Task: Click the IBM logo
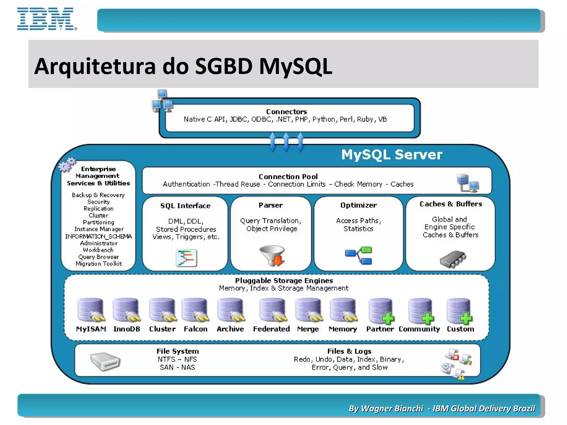tap(47, 19)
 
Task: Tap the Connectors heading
tap(287, 112)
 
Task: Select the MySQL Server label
tap(391, 154)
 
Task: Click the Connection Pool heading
tap(288, 177)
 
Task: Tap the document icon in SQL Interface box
tap(186, 258)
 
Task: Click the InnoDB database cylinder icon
tap(126, 310)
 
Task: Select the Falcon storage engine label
tap(195, 329)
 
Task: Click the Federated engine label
tap(271, 329)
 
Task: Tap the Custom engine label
tap(460, 329)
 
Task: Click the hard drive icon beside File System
tap(105, 361)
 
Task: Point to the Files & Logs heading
tap(349, 351)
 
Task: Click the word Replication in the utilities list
tap(98, 209)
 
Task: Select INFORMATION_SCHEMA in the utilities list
tap(98, 236)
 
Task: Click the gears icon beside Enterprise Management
tap(67, 165)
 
